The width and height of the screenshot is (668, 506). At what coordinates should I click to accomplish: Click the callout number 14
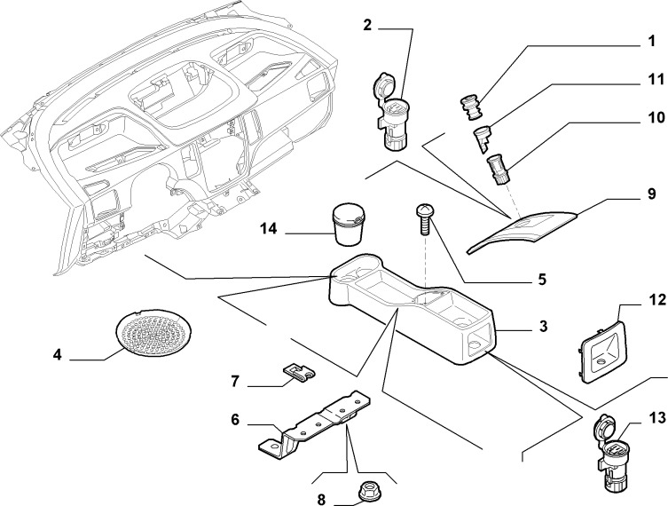[269, 229]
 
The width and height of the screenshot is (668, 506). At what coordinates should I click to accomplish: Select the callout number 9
[651, 194]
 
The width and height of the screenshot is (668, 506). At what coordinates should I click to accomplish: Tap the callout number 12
[657, 300]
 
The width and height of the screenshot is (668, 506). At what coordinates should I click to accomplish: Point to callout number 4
[58, 354]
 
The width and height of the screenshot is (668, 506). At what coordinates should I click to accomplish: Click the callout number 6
[235, 420]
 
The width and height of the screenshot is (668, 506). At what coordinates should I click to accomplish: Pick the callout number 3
[543, 327]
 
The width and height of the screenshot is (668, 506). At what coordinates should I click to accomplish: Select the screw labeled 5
[424, 219]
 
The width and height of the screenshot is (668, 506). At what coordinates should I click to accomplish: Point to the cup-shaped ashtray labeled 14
[349, 225]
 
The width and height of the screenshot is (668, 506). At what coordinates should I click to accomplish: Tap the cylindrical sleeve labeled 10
[498, 169]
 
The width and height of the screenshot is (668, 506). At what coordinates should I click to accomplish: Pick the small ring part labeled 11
[483, 127]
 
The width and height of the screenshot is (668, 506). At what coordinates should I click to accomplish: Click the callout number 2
[367, 25]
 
